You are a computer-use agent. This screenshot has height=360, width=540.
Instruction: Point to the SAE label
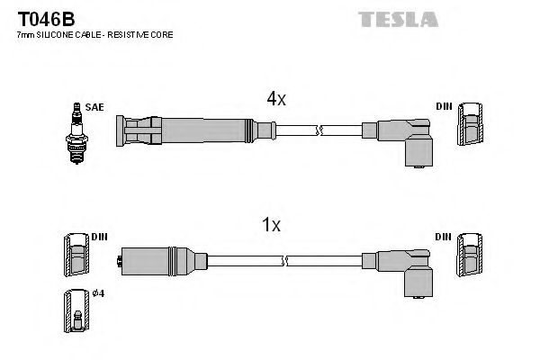(96, 107)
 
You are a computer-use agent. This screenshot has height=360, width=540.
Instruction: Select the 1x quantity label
(271, 226)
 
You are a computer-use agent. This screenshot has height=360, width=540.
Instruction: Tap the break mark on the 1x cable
(286, 261)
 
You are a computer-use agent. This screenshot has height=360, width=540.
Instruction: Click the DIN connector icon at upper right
(469, 125)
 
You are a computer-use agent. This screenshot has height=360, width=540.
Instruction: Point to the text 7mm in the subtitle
(25, 34)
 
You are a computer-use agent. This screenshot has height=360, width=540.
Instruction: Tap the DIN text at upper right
(443, 107)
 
